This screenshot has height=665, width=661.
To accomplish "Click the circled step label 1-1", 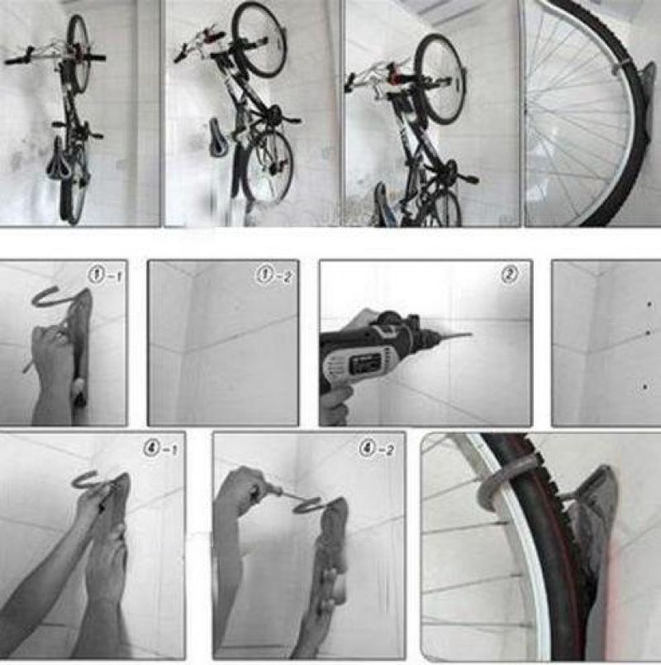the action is click(106, 276).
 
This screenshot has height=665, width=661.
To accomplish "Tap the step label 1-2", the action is click(273, 275).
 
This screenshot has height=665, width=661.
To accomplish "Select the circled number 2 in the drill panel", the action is click(509, 275).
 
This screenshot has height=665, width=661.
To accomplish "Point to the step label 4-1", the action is click(160, 448).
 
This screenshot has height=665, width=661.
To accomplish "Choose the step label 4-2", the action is click(376, 448).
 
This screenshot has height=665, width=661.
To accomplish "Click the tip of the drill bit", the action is click(472, 333).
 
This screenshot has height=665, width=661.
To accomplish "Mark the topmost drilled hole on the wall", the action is click(649, 304).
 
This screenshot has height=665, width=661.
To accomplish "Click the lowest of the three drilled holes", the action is click(645, 387).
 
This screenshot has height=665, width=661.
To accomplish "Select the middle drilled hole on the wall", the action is click(648, 333).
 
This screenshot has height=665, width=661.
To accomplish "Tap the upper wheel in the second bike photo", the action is click(259, 41).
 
